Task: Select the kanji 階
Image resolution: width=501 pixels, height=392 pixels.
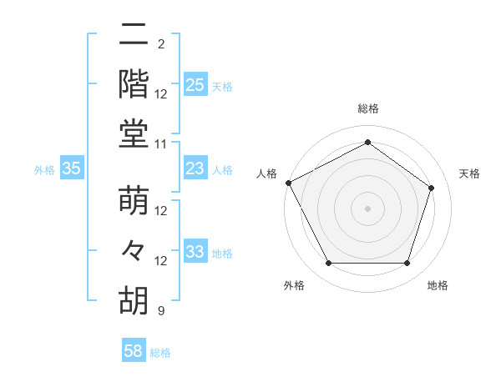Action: (x=134, y=84)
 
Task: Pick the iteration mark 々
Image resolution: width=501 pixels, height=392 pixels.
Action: (x=134, y=252)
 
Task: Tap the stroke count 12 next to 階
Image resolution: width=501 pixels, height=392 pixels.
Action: (x=161, y=94)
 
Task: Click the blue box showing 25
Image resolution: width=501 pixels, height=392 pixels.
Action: (x=195, y=85)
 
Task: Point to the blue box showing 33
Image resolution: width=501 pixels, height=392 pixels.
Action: (x=195, y=253)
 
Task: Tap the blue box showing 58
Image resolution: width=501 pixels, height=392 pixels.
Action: (x=134, y=352)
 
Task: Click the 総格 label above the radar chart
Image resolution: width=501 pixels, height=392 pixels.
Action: (x=367, y=109)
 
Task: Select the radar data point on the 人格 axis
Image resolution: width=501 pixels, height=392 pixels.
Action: (x=288, y=183)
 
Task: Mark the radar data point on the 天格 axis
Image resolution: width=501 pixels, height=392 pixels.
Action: (x=432, y=188)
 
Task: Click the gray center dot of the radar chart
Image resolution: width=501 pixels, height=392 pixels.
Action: (x=367, y=209)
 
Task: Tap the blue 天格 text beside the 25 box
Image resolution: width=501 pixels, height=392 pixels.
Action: (x=221, y=86)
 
